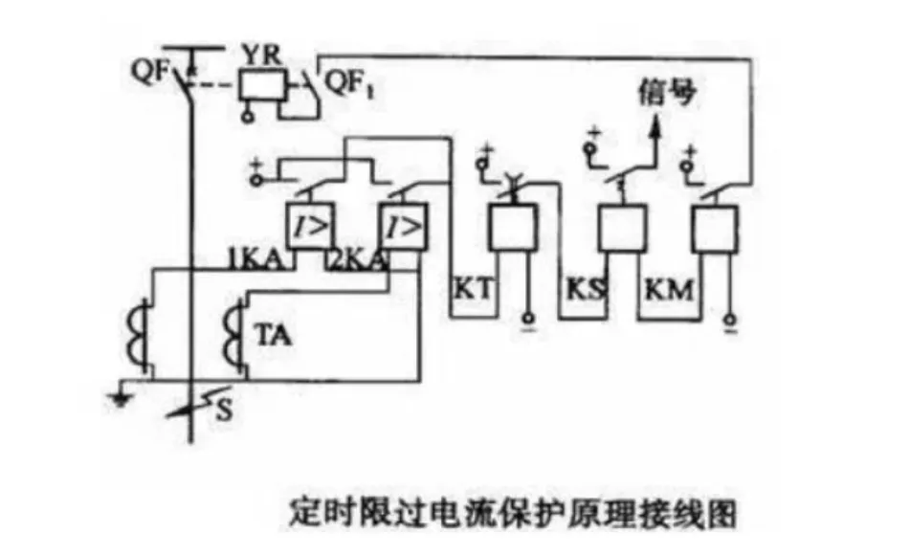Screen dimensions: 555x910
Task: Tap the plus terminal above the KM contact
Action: [685, 147]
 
